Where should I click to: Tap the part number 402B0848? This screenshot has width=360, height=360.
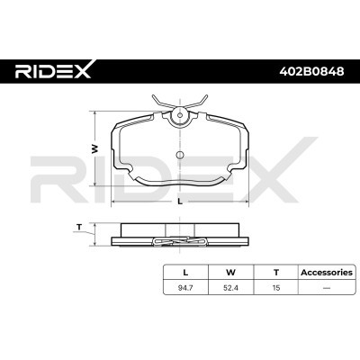click(311, 71)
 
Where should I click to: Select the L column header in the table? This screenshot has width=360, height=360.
click(185, 273)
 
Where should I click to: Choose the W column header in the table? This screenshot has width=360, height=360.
click(230, 273)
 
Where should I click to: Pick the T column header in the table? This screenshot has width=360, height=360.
click(276, 273)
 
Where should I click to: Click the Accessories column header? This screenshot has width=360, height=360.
click(327, 273)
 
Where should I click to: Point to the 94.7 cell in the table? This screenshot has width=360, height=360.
click(185, 288)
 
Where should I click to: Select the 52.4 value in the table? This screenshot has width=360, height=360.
click(230, 288)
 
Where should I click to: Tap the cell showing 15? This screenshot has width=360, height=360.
click(276, 288)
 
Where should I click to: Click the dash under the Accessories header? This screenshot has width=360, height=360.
click(327, 288)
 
